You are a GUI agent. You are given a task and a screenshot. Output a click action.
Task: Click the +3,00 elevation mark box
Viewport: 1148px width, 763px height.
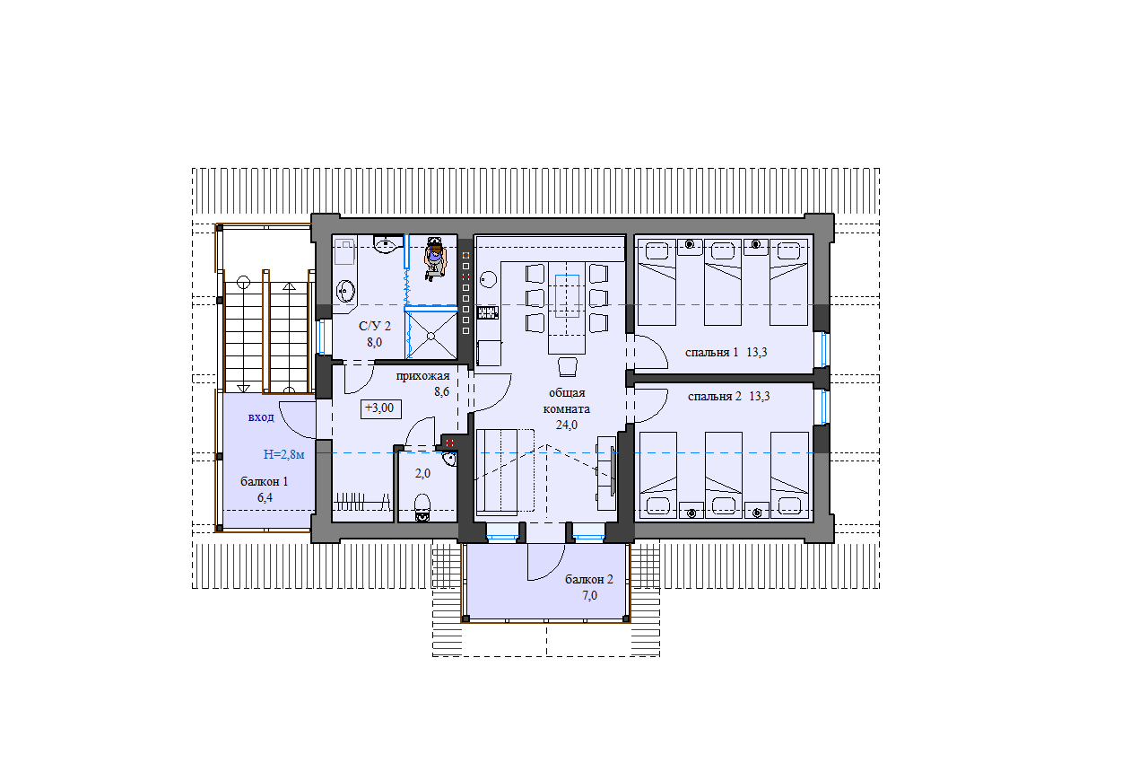tap(380, 408)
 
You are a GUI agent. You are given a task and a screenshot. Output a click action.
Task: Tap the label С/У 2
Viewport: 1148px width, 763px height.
tap(375, 326)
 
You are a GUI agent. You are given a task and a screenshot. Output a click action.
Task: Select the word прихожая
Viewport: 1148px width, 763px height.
tap(422, 376)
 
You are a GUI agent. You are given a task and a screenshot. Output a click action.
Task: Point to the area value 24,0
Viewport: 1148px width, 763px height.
tap(566, 425)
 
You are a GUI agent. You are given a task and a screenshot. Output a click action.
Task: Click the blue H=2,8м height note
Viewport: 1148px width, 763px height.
tap(284, 454)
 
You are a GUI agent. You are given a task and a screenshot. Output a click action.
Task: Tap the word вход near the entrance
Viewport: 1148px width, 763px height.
tap(261, 417)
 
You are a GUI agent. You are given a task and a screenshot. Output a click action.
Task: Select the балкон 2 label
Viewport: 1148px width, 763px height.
tap(589, 579)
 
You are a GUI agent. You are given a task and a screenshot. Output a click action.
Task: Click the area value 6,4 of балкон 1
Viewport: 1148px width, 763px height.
tap(265, 498)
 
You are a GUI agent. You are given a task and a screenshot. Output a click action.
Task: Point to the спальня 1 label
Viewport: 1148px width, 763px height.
tap(712, 352)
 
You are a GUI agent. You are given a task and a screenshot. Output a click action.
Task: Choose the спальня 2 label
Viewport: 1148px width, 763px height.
tap(715, 397)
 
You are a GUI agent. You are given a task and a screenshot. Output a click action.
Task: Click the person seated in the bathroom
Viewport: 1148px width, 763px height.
tap(435, 258)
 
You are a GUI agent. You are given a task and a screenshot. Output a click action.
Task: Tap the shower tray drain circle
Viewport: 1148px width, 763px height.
tap(431, 337)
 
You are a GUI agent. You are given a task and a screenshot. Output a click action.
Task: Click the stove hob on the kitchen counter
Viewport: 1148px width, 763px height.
tap(488, 312)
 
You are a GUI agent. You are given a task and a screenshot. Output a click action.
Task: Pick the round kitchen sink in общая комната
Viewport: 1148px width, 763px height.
tap(489, 279)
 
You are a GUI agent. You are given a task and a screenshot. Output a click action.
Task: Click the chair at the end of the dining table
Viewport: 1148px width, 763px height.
tap(568, 366)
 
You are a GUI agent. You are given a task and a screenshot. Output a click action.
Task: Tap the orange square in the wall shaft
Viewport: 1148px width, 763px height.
tap(465, 255)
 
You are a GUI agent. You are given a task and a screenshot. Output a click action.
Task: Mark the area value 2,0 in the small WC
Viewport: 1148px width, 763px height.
tap(422, 473)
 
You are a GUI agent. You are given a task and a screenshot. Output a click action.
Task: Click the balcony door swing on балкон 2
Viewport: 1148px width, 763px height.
tap(546, 562)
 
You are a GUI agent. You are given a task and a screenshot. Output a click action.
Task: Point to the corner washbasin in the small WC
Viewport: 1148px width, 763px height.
tap(449, 459)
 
